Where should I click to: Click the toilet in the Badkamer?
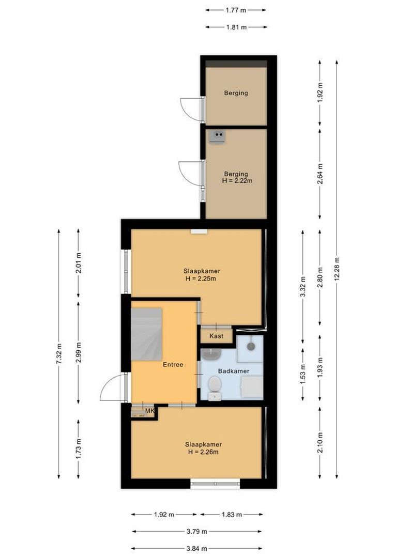215,385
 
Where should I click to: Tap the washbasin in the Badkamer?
211,354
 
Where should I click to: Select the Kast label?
217,336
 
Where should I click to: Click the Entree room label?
173,364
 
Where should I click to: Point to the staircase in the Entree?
147,333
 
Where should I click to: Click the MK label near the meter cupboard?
149,411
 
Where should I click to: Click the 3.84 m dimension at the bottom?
196,549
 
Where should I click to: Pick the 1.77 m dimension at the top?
235,9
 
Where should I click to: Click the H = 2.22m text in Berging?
236,181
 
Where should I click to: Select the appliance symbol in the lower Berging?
218,136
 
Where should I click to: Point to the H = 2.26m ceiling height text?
203,452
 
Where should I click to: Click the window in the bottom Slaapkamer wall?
215,485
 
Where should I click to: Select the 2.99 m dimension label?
78,352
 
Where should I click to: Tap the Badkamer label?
234,371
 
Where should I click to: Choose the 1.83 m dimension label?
231,515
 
